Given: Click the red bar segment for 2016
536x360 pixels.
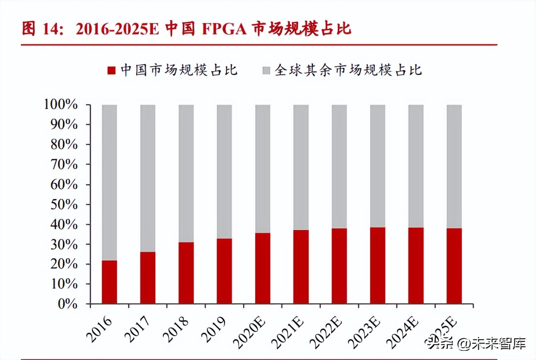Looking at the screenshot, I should [x=110, y=282].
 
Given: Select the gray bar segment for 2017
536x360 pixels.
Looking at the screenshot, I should [x=148, y=178].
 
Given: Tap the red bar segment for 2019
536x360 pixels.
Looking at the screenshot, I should [x=224, y=271].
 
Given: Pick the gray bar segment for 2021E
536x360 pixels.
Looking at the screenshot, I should [x=301, y=167].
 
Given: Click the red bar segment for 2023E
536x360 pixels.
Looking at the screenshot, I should [x=378, y=265].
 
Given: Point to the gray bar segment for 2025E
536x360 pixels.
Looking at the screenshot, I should [x=454, y=166].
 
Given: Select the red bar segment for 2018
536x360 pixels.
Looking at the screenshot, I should [x=186, y=273].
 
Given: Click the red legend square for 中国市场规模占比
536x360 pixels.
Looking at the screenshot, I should [x=111, y=71].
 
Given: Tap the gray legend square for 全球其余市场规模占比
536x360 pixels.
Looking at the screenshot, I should [x=266, y=71].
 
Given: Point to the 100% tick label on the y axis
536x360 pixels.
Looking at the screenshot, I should [x=61, y=105].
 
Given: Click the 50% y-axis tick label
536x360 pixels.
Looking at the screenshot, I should [x=64, y=204].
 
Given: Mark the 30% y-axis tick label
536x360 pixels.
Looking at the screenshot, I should [x=64, y=244].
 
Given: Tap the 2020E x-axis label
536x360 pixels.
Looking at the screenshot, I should [x=250, y=332].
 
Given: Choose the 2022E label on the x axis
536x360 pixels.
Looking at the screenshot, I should [x=326, y=332].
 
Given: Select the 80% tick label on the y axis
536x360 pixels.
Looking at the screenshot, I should [x=64, y=144].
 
